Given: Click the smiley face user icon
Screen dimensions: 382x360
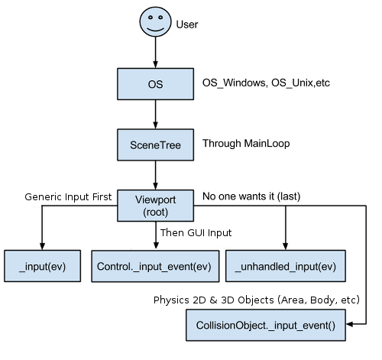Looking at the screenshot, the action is [x=155, y=22].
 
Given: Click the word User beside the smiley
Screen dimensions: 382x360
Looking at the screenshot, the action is [x=187, y=24].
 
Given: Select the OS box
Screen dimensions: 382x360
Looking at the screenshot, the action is [x=155, y=84].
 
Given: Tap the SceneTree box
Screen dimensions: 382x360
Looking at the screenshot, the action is [x=155, y=144].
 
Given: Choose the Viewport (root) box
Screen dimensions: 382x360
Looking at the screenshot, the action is [x=155, y=206].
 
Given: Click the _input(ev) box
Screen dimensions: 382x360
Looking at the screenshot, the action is [x=42, y=266].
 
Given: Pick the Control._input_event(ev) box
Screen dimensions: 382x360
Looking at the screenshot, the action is [x=155, y=266].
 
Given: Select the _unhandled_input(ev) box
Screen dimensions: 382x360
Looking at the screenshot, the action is [x=286, y=266].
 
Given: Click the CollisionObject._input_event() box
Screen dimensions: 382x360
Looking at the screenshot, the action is [x=266, y=325].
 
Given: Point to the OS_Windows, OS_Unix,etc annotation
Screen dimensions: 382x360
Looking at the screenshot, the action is [x=266, y=83].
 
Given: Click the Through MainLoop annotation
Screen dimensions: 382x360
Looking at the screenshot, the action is [x=246, y=144].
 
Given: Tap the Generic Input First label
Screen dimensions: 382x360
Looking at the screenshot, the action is [x=68, y=197].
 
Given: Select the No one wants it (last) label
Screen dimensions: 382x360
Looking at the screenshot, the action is [x=251, y=196].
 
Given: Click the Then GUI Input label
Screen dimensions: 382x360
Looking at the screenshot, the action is [x=196, y=233].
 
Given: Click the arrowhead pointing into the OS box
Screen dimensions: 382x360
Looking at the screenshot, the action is [x=155, y=64].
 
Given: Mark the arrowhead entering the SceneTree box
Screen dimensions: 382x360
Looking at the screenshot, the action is [x=155, y=125].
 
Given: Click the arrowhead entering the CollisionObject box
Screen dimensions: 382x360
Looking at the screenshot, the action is [x=350, y=324].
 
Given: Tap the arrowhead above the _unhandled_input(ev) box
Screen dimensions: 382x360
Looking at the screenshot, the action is [x=286, y=246].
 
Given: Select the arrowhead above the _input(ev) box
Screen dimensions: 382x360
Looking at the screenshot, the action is [x=42, y=246].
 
